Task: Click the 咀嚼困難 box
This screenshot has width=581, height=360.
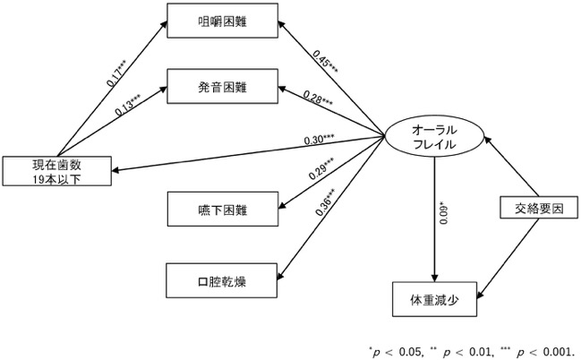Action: (x=222, y=21)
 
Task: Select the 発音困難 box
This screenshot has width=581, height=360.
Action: (x=222, y=86)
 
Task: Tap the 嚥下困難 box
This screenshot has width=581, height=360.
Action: (x=222, y=209)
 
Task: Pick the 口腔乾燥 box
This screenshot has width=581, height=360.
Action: (x=222, y=280)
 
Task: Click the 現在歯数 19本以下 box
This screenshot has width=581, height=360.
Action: (x=57, y=171)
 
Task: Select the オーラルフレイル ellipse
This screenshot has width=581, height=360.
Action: (x=434, y=136)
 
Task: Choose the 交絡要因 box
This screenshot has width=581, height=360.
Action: (x=539, y=208)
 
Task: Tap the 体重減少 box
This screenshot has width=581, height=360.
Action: (x=434, y=299)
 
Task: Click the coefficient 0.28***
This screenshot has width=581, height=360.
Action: (x=318, y=99)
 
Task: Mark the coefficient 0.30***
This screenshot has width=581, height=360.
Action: (x=319, y=140)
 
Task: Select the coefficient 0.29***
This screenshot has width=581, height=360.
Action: (x=321, y=168)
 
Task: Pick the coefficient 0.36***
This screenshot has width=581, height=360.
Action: (x=329, y=201)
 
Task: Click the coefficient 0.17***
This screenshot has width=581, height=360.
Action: (x=117, y=73)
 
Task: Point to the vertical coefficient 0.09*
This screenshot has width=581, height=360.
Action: (x=443, y=213)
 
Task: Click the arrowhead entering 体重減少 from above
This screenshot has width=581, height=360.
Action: (x=435, y=279)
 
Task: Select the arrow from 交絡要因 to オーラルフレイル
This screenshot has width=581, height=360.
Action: (x=512, y=167)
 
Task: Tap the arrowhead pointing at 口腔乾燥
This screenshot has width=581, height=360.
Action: (x=280, y=275)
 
